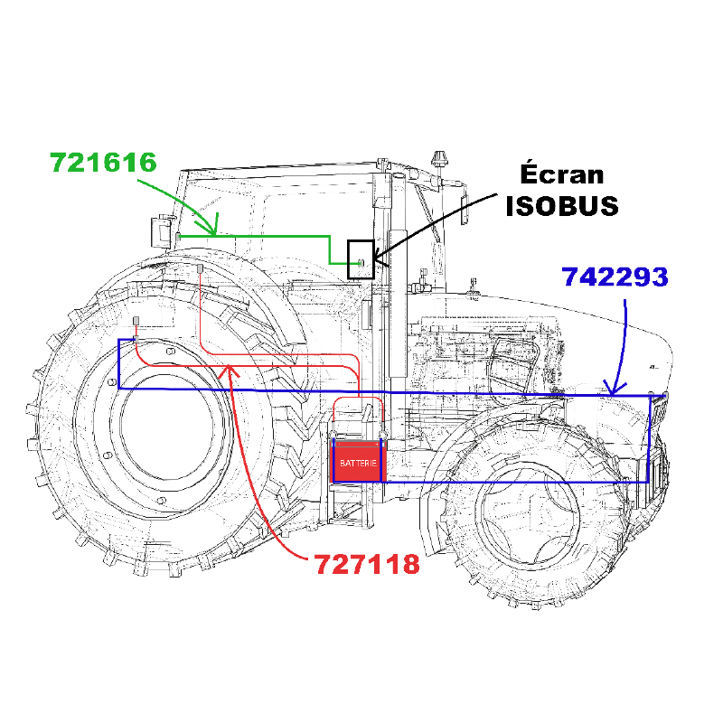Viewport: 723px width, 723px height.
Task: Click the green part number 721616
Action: pos(104,163)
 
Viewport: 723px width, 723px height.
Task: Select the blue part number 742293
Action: pos(615,276)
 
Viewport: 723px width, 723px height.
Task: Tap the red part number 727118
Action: pos(367,565)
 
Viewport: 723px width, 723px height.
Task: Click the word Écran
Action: pos(562,174)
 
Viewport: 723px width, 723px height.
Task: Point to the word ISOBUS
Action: pos(562,205)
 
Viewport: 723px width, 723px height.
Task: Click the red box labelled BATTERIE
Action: pos(359,463)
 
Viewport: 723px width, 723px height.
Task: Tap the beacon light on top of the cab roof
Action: pos(440,160)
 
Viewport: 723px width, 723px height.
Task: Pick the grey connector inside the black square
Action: pos(360,262)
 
